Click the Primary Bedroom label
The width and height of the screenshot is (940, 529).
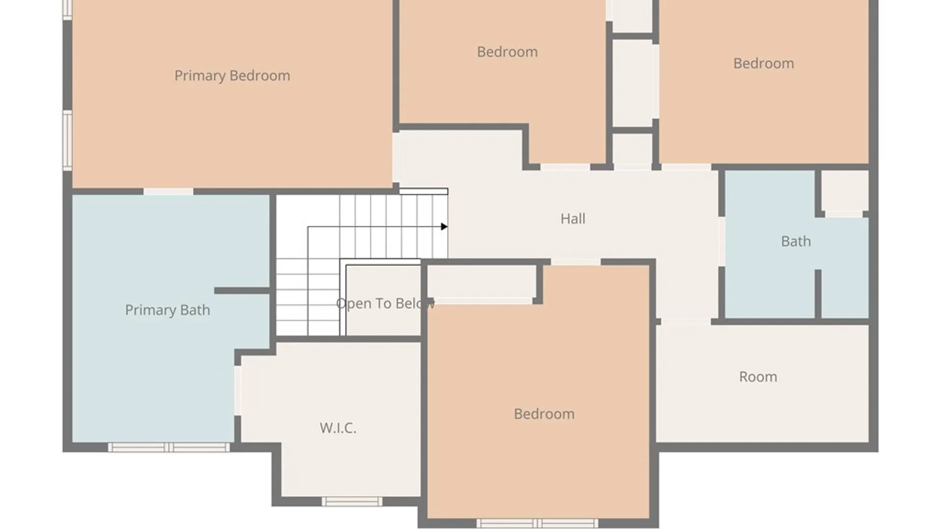tap(232, 76)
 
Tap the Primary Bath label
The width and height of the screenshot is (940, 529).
tap(167, 310)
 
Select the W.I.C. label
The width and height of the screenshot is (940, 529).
tap(338, 428)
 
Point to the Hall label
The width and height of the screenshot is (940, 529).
tap(573, 218)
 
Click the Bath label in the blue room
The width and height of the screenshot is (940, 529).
tap(796, 241)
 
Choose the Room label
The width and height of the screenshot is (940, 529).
tap(758, 377)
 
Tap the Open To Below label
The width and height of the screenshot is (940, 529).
tap(385, 304)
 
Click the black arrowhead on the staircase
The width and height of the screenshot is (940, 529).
tap(444, 226)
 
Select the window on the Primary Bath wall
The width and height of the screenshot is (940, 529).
tap(168, 447)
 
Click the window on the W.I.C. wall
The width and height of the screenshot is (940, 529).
tap(352, 501)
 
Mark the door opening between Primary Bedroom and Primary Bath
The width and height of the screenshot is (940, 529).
tap(168, 192)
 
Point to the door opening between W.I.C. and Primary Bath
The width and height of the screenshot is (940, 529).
tap(237, 391)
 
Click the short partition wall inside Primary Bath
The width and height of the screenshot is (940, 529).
tap(242, 291)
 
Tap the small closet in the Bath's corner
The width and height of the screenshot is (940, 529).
tap(845, 192)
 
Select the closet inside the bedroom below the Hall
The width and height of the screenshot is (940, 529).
tap(482, 281)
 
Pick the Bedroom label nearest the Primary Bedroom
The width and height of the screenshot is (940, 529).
tap(507, 52)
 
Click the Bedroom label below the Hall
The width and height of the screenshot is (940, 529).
tap(544, 414)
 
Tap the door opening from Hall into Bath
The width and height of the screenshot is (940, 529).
tap(721, 241)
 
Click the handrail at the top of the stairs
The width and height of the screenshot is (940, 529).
tap(423, 192)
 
